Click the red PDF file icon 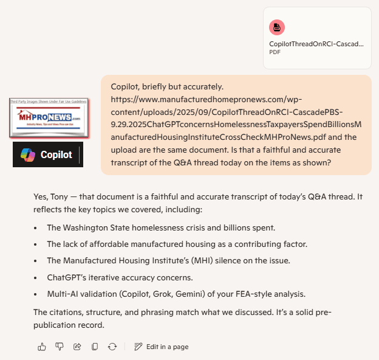277,27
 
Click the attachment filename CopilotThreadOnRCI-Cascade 316,44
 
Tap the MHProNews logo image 49,117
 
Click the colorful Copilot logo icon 27,154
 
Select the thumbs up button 42,347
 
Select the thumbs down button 60,347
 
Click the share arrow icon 77,347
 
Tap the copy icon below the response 95,347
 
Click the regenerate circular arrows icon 112,347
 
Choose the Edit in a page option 162,347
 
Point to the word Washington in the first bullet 84,227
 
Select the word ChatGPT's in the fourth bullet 67,278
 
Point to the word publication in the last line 56,325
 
